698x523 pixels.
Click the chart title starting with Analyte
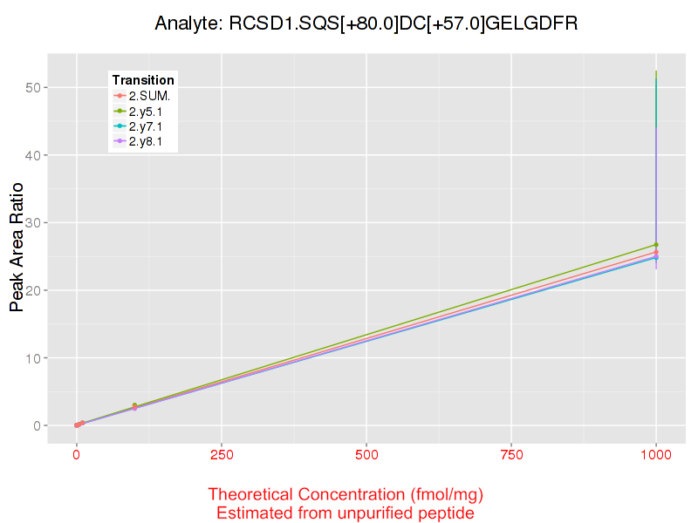coord(366,24)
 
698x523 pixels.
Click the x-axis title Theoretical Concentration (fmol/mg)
coord(346,494)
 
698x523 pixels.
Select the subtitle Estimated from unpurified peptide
coord(346,513)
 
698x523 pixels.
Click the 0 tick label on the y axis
coord(41,425)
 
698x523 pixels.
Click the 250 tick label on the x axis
coord(222,454)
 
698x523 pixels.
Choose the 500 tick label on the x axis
coord(366,454)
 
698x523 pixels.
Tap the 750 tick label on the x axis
coord(511,454)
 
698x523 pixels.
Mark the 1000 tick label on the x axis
coord(656,454)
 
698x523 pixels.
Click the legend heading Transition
coord(143,80)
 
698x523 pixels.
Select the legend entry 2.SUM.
coord(149,95)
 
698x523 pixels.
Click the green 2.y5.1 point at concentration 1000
coord(656,245)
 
